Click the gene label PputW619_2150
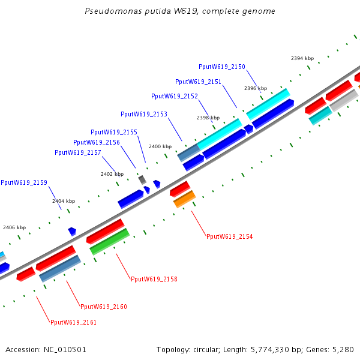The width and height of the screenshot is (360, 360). click(x=222, y=67)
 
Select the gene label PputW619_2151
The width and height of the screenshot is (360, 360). click(x=198, y=82)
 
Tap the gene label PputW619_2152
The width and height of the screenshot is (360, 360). click(x=174, y=96)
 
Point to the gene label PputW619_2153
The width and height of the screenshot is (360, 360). click(x=143, y=114)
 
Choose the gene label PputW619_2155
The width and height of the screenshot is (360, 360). click(x=113, y=132)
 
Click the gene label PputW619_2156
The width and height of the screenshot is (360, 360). click(x=96, y=142)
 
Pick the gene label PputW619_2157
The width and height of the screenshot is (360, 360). click(x=77, y=152)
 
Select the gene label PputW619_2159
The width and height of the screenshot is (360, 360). click(x=23, y=182)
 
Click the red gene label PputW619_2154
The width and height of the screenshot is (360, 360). click(x=229, y=236)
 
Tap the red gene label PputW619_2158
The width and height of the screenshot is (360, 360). click(x=154, y=279)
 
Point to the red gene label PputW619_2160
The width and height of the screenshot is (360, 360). click(x=103, y=307)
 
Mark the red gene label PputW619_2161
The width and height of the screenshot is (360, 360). click(x=73, y=322)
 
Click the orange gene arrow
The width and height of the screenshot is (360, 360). click(x=184, y=199)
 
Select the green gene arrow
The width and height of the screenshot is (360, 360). click(x=109, y=241)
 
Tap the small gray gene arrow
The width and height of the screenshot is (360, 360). click(x=142, y=179)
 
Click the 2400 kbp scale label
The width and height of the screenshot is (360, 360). click(x=160, y=146)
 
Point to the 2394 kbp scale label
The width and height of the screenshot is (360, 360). click(x=302, y=58)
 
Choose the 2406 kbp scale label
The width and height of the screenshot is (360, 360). click(x=14, y=227)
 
